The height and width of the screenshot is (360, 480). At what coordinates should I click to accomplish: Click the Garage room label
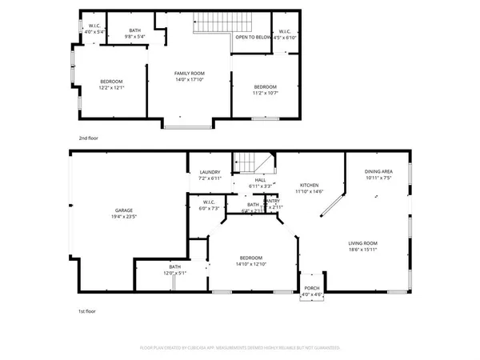122,210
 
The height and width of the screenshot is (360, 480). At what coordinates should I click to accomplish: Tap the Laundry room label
210,172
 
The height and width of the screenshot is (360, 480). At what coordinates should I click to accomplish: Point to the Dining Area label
378,172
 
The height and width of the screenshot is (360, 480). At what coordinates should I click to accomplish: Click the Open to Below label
253,37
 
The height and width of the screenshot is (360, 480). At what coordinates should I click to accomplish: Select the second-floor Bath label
135,30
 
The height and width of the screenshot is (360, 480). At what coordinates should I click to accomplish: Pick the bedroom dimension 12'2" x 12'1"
111,87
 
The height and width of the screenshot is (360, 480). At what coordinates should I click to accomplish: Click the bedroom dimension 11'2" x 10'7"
265,93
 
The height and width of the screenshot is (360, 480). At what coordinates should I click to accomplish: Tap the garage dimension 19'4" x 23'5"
122,217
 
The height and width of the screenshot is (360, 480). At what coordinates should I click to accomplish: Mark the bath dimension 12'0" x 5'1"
175,273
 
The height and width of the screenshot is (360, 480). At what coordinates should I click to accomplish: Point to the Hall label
260,181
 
